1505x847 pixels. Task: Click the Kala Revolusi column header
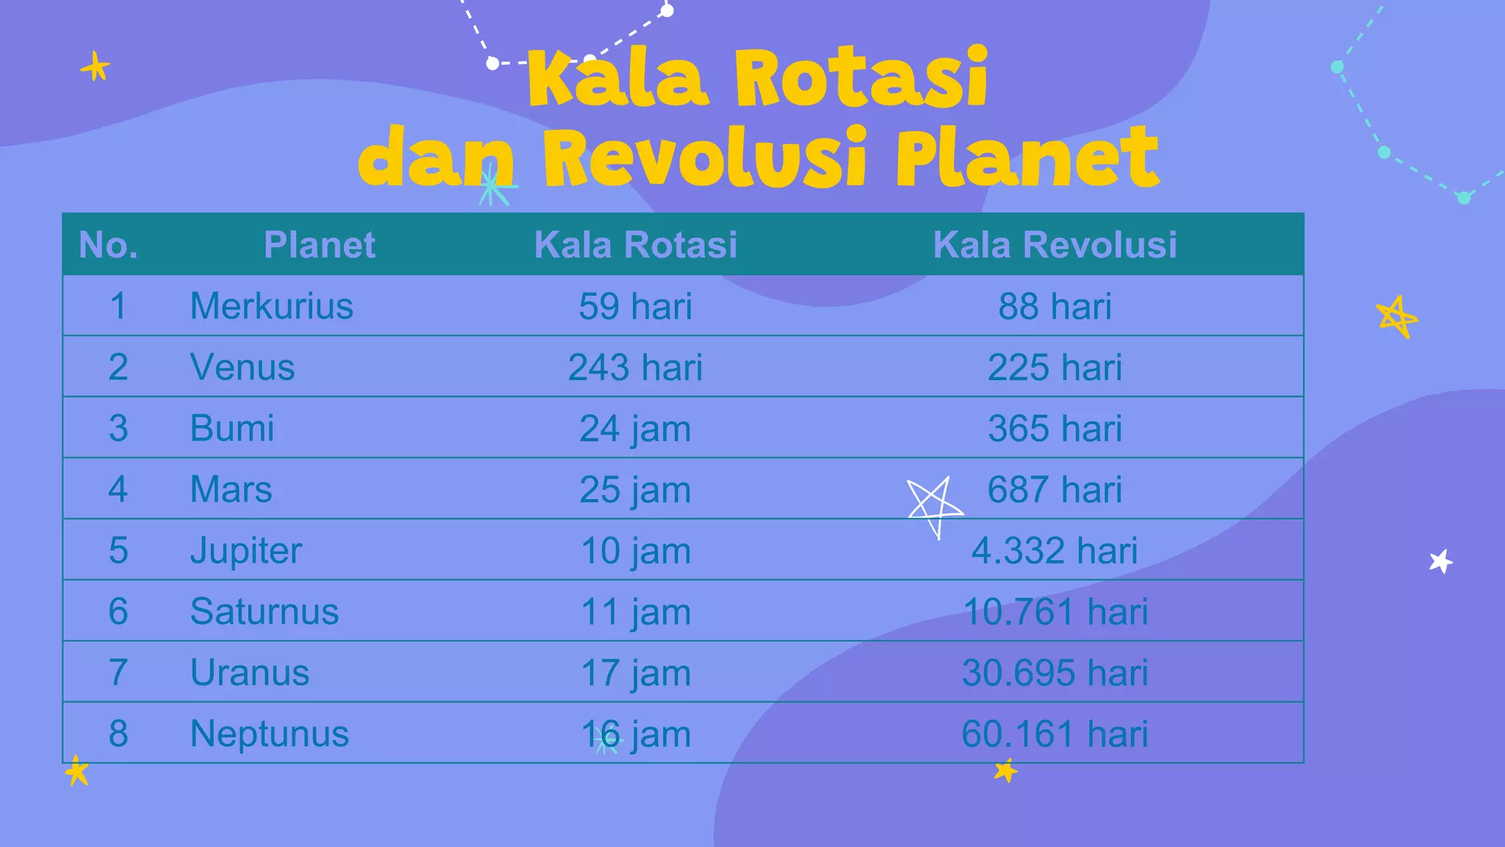tap(1055, 245)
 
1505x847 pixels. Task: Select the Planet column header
tap(319, 245)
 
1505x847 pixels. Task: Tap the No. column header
tap(108, 245)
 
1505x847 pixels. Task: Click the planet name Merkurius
tap(271, 306)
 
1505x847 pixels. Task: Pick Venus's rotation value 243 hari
tap(635, 367)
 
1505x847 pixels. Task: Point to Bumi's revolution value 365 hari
tap(1055, 428)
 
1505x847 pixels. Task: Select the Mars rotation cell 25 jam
tap(635, 490)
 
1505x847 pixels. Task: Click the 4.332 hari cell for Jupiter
tap(1055, 551)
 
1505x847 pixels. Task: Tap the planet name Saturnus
tap(264, 612)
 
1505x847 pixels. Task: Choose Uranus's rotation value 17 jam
tap(635, 673)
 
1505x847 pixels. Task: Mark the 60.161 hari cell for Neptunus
tap(1055, 734)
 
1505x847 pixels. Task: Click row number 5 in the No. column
tap(118, 551)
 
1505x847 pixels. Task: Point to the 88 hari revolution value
tap(1055, 306)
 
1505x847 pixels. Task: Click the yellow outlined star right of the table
tap(1396, 317)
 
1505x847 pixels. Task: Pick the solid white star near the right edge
tap(1441, 562)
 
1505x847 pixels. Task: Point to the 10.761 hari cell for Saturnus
tap(1055, 612)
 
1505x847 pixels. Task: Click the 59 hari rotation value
tap(635, 306)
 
